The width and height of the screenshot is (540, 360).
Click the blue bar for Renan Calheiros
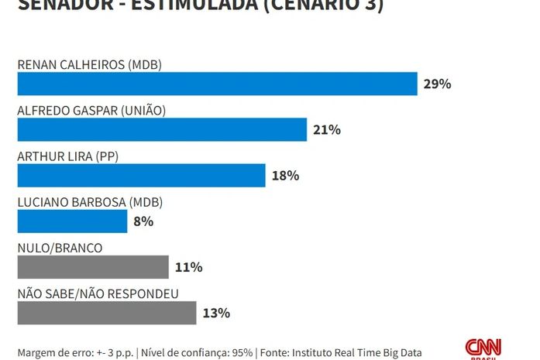(x=217, y=84)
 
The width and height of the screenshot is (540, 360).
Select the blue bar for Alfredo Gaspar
(x=162, y=129)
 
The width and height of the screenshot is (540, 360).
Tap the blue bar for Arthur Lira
(x=141, y=175)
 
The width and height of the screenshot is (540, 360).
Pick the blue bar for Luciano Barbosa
(x=72, y=221)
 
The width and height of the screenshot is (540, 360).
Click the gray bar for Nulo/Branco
(x=93, y=267)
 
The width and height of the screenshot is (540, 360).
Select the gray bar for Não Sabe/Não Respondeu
(x=107, y=313)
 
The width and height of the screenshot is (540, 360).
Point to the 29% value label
(x=437, y=84)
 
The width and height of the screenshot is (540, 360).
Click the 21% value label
(x=327, y=129)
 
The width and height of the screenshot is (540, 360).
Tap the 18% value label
(x=285, y=175)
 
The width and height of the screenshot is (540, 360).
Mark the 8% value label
(x=143, y=221)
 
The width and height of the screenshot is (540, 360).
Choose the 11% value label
(x=188, y=267)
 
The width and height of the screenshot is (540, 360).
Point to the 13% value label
(x=216, y=313)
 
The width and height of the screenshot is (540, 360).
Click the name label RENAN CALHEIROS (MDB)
(x=89, y=64)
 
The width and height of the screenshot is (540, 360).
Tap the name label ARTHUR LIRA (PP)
(x=67, y=156)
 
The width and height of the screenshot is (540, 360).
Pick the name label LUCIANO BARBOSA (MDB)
(x=90, y=202)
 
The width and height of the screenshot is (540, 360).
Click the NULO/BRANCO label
(x=60, y=248)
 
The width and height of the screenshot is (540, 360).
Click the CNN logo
(x=483, y=348)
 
